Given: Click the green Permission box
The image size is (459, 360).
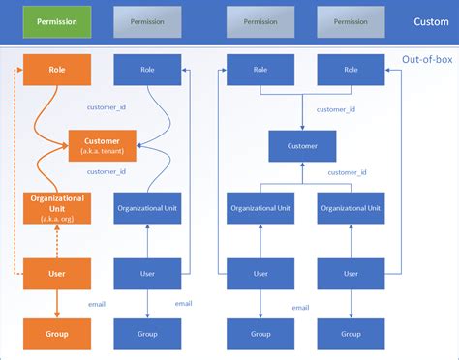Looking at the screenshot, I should pyautogui.click(x=57, y=20).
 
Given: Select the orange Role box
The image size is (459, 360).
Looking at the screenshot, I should pyautogui.click(x=57, y=69).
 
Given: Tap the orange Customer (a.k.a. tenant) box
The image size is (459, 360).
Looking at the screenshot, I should pyautogui.click(x=102, y=145).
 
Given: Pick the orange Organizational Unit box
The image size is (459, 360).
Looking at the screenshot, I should pyautogui.click(x=57, y=208).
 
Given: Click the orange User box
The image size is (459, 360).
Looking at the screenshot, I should pyautogui.click(x=57, y=274).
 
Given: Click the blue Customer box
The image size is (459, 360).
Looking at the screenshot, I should pyautogui.click(x=302, y=146).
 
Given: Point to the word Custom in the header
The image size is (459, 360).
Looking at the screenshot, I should pyautogui.click(x=431, y=20).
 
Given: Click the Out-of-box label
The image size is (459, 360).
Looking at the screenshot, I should pyautogui.click(x=427, y=60).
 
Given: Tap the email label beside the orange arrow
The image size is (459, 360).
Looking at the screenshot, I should pyautogui.click(x=96, y=304).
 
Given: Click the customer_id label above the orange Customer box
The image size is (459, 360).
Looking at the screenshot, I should pyautogui.click(x=107, y=108).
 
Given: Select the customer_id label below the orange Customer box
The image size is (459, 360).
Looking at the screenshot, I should pyautogui.click(x=107, y=172).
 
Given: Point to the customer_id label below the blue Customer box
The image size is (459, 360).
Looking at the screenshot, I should pyautogui.click(x=347, y=172).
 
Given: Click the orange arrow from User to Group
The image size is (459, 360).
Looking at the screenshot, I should pyautogui.click(x=57, y=304).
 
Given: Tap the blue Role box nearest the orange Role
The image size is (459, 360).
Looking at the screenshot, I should pyautogui.click(x=147, y=69).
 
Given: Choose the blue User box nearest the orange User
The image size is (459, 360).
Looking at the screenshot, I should pyautogui.click(x=147, y=274).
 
